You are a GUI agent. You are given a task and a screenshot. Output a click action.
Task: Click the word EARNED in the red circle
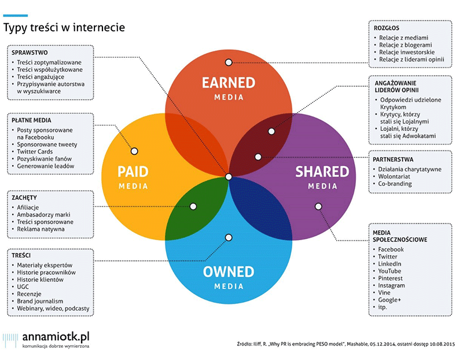(229, 83)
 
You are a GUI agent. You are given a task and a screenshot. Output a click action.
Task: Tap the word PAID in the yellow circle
(133, 171)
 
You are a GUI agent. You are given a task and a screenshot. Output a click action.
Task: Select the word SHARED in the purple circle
(322, 171)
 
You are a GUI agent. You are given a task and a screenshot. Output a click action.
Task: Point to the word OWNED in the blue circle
(229, 271)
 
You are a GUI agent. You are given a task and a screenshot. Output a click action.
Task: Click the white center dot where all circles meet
(229, 177)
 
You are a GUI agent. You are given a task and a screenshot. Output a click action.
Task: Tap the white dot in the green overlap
(193, 207)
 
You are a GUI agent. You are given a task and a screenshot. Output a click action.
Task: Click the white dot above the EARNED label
(229, 63)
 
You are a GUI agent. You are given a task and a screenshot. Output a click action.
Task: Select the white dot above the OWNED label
(229, 237)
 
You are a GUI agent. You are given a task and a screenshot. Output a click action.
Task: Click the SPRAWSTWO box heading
(30, 53)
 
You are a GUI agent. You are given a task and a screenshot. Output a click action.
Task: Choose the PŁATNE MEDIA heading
(31, 120)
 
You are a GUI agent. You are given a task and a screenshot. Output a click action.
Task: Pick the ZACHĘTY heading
(24, 197)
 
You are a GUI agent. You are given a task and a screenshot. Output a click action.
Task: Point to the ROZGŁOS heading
(386, 28)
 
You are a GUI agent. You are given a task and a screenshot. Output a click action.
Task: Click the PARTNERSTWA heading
(393, 160)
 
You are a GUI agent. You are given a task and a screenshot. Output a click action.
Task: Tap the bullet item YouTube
(389, 271)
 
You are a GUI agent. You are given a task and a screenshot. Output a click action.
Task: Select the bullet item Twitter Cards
(35, 152)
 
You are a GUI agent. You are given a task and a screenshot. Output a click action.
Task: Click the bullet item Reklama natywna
(41, 229)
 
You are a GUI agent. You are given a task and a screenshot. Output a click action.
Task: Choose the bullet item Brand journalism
(40, 301)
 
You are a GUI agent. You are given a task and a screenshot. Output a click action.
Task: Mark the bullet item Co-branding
(395, 183)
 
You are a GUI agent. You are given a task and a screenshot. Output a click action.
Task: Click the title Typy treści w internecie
(64, 27)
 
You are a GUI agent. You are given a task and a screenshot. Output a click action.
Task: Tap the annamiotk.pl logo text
(56, 337)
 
